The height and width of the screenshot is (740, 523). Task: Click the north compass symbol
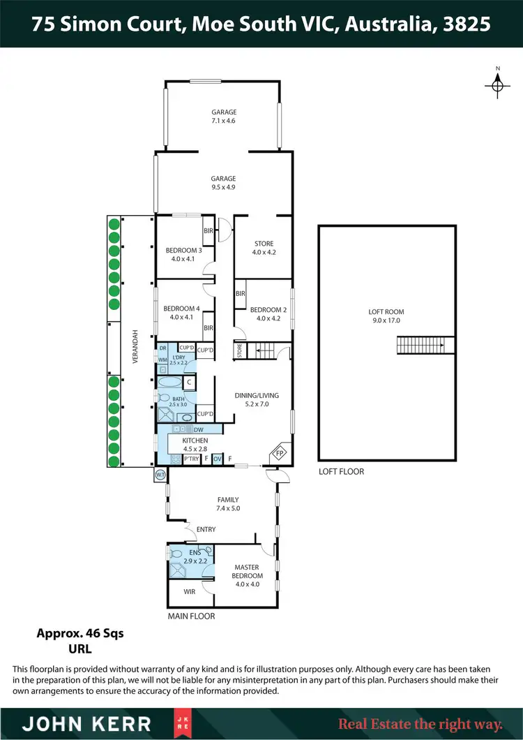(497, 84)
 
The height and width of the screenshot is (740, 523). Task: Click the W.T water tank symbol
(160, 475)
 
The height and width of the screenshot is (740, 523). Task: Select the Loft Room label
(386, 316)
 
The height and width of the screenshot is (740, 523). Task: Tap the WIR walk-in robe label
(189, 591)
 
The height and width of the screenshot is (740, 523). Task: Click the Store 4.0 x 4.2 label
(263, 248)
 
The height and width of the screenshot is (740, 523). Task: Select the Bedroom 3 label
(183, 255)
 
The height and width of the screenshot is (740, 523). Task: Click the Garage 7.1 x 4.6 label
(225, 117)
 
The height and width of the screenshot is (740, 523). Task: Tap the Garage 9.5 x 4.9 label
(225, 183)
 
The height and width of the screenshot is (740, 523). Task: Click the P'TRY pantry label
(191, 459)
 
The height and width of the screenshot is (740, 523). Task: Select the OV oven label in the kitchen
(217, 459)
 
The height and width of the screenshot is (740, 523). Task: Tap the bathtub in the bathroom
(168, 383)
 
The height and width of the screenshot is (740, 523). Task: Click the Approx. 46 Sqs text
(79, 634)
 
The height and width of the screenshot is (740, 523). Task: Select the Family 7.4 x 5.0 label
(228, 504)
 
